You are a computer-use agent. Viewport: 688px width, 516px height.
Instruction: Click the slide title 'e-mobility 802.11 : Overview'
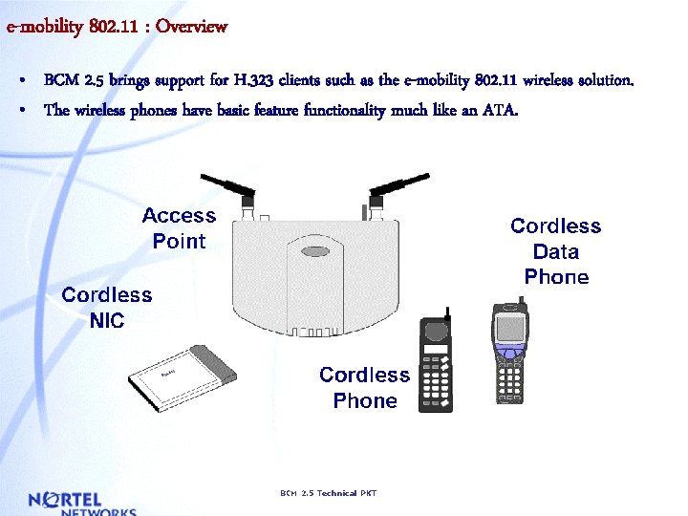click(117, 26)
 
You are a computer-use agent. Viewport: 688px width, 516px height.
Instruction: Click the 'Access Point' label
click(179, 228)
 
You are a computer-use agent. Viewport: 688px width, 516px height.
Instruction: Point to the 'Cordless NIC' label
click(106, 308)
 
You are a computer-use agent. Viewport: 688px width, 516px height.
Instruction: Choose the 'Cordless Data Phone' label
click(555, 251)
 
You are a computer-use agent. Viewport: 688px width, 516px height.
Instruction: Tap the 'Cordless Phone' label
click(364, 388)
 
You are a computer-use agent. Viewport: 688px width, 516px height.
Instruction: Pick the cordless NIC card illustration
click(183, 376)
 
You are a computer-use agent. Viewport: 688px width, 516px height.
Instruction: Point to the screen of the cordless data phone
click(509, 326)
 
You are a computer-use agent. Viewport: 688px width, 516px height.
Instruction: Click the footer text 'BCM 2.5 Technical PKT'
click(328, 493)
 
